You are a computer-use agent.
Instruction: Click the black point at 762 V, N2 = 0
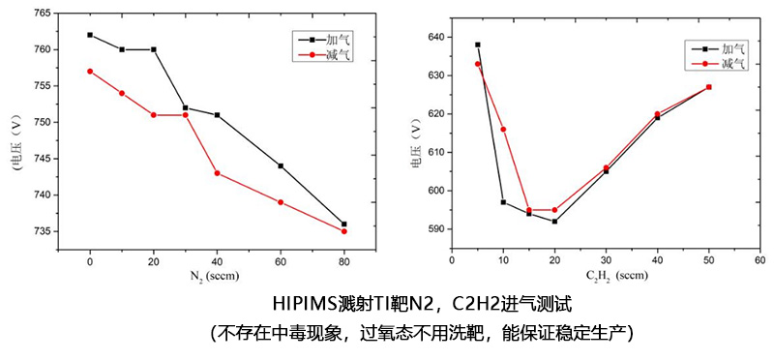tap(90, 35)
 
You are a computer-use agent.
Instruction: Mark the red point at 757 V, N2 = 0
tap(90, 71)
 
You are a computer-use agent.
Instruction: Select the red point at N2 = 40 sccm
tap(217, 173)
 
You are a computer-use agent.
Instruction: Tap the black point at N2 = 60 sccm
tap(281, 165)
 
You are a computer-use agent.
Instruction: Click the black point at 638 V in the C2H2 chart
tap(477, 45)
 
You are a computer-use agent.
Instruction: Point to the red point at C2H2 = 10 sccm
tap(503, 129)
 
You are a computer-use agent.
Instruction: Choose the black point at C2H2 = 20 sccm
tap(554, 222)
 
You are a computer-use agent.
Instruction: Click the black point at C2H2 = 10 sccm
tap(503, 202)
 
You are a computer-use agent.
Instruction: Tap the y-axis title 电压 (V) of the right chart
tap(416, 142)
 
